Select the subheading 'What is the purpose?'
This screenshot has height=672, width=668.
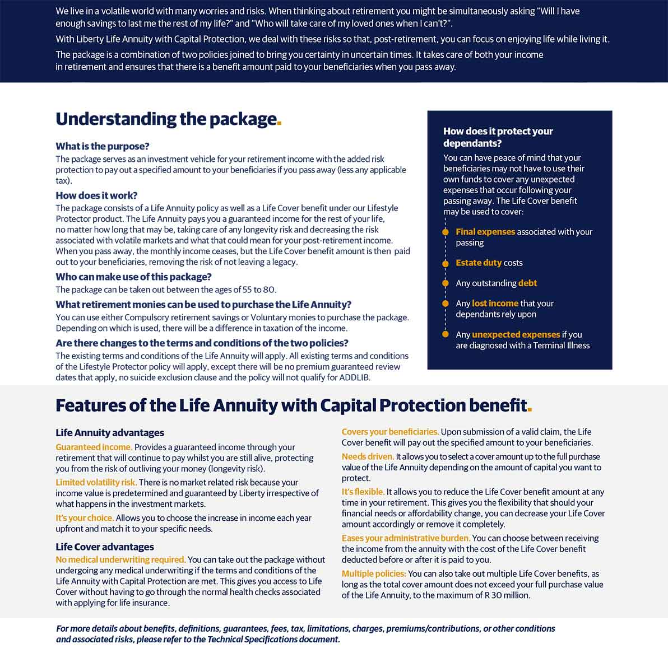(x=103, y=146)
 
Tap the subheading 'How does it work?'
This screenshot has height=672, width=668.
(x=96, y=195)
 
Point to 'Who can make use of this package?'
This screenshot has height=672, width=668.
(x=133, y=277)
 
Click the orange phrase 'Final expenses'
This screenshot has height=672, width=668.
(x=485, y=232)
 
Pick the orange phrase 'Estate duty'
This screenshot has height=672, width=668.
(x=479, y=263)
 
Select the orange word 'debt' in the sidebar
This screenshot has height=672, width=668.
(x=527, y=283)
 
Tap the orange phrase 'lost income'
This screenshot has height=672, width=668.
(x=495, y=304)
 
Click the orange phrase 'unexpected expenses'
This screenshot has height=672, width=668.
(x=516, y=335)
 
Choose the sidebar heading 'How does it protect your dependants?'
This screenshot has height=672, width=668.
(x=498, y=137)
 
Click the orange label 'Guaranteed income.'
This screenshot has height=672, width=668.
(x=94, y=447)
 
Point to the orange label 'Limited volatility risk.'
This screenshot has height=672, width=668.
(x=96, y=483)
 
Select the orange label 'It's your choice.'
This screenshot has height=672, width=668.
(x=85, y=518)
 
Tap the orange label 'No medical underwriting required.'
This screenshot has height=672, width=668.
(x=120, y=560)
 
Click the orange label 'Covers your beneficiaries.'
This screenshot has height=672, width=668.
(x=390, y=432)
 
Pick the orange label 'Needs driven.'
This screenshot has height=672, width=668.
(x=368, y=457)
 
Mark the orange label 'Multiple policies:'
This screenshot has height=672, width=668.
(x=374, y=574)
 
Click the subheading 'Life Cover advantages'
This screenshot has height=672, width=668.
(x=105, y=547)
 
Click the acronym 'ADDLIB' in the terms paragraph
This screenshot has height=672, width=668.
(x=354, y=377)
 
